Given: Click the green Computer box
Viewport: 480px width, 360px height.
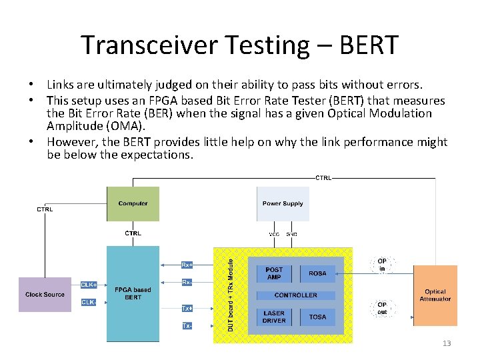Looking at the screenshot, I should click(x=133, y=204).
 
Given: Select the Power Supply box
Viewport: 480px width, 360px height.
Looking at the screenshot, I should click(x=283, y=204).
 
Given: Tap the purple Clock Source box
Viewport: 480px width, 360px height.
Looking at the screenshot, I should click(x=45, y=294).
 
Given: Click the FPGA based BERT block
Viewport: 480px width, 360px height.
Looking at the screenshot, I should click(x=133, y=294).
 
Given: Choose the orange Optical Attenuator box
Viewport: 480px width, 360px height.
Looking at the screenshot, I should click(x=435, y=295).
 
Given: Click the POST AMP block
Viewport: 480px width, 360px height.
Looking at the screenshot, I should click(x=274, y=273).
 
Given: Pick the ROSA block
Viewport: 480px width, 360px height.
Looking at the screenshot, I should click(x=317, y=273).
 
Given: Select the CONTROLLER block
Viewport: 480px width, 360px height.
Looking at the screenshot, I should click(x=296, y=295).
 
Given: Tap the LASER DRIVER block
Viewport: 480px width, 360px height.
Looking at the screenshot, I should click(x=274, y=317).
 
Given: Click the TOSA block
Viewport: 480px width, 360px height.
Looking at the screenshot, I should click(x=317, y=317).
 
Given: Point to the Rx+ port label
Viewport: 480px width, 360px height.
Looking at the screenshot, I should click(x=187, y=265).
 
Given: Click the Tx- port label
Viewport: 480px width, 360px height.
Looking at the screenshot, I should click(x=187, y=326).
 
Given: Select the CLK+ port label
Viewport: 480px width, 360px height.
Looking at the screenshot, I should click(x=89, y=285).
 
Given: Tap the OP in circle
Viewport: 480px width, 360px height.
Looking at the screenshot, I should click(x=382, y=265).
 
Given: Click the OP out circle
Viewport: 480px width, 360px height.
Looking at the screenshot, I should click(x=382, y=309).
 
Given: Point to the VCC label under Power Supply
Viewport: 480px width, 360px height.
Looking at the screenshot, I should click(x=274, y=234).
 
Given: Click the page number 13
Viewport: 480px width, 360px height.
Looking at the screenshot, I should click(x=447, y=343).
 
